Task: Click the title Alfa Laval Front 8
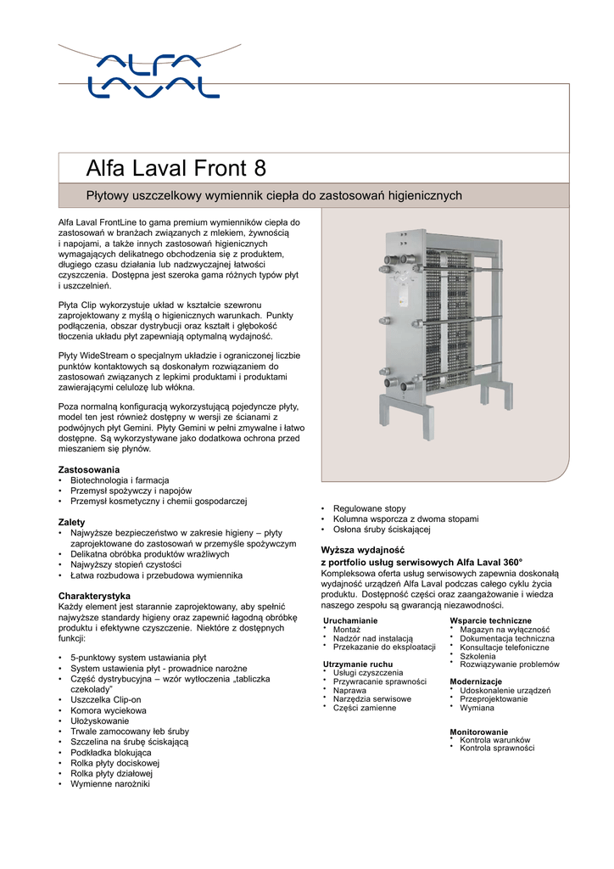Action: pos(176,166)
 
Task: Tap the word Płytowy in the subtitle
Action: pos(110,196)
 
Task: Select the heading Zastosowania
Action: pos(88,469)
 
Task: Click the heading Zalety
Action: pos(71,521)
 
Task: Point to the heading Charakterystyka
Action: pos(93,596)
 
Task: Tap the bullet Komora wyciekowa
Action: pos(109,710)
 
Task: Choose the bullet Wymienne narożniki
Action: pos(110,783)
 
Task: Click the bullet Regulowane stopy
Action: pos(369,508)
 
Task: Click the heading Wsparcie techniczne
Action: pos(490,621)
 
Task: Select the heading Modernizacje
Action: pos(475,681)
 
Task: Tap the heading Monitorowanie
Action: pos(478,732)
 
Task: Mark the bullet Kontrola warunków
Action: pos(494,740)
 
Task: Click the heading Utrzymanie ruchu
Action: pos(358,664)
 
